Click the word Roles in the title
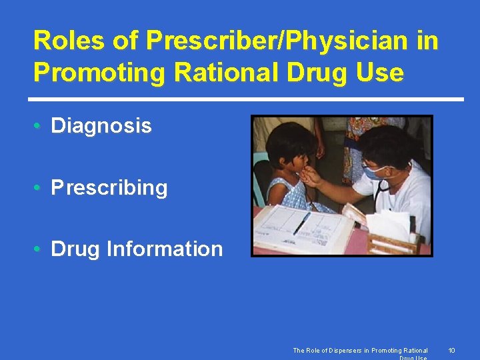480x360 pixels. click(67, 41)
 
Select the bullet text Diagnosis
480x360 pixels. click(101, 125)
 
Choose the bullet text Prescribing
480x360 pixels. click(109, 187)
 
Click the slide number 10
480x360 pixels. click(451, 350)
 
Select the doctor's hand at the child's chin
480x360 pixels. click(311, 177)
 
